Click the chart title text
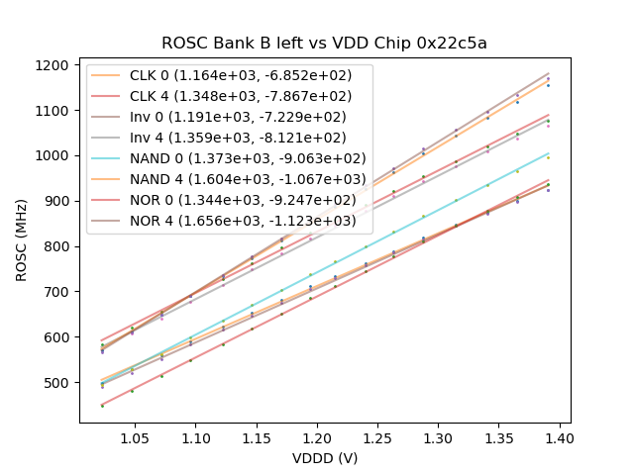pyautogui.click(x=324, y=44)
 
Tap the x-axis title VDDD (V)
pyautogui.click(x=324, y=459)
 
